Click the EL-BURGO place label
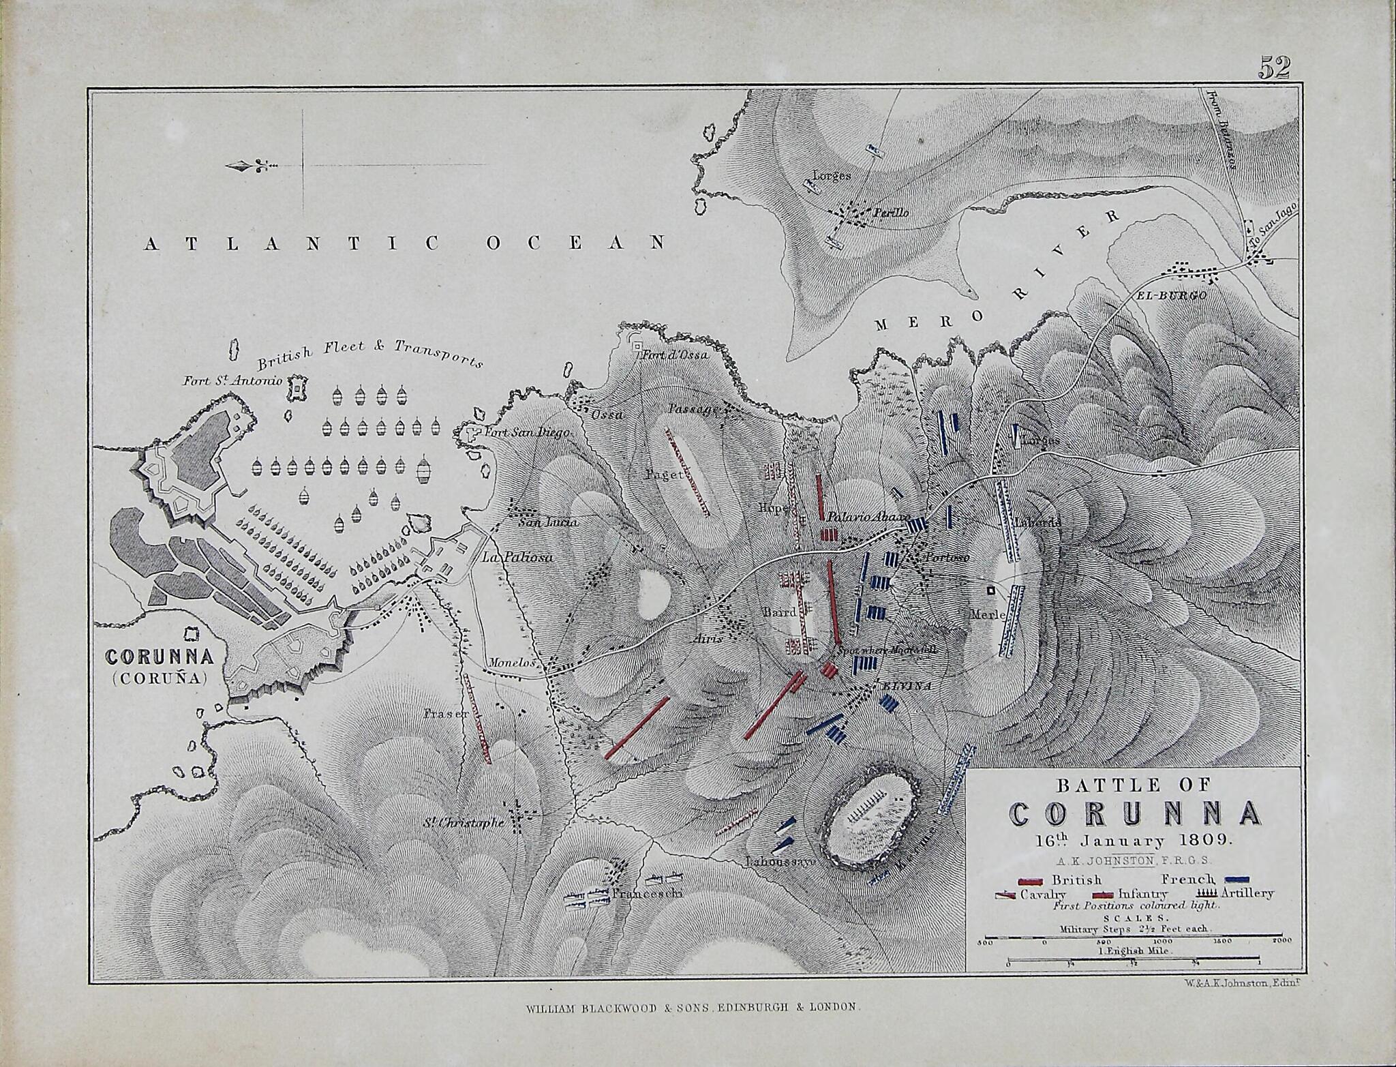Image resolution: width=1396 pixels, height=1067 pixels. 1170,295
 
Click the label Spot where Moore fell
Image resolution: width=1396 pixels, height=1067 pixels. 886,650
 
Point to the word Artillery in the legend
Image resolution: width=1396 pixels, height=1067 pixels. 1247,893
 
